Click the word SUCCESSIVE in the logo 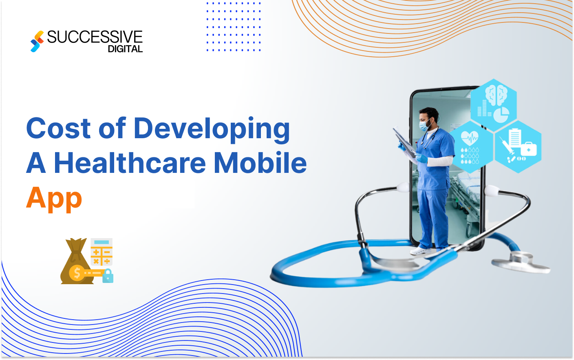tap(95, 37)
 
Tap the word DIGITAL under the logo tap(125, 49)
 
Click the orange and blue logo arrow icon tap(37, 41)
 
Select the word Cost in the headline tap(58, 128)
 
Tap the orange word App tap(54, 199)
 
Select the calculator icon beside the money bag tap(102, 252)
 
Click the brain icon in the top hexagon tap(496, 95)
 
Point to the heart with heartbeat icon tap(470, 138)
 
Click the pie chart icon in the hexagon tap(501, 115)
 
